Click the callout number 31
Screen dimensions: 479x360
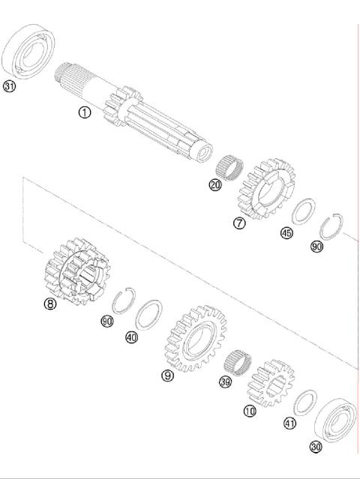tap(9, 87)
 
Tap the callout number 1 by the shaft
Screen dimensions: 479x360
tap(85, 112)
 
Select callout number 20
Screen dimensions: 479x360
tap(215, 185)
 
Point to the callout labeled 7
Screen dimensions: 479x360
tap(239, 223)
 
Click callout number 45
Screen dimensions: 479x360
tap(286, 233)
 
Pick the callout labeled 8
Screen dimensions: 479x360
tap(50, 304)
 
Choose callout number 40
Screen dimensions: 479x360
tap(132, 337)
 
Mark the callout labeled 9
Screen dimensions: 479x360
tap(168, 375)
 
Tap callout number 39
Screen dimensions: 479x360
tap(225, 382)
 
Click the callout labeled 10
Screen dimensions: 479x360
tap(250, 411)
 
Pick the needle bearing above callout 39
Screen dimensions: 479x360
tap(239, 364)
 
